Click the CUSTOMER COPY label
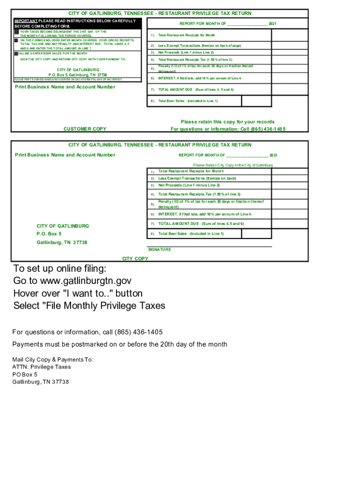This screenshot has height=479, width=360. [85, 129]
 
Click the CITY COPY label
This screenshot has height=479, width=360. [135, 259]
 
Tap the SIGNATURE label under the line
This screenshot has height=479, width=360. [159, 250]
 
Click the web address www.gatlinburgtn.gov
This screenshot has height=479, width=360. [86, 281]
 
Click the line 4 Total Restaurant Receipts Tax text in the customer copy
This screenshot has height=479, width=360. [195, 60]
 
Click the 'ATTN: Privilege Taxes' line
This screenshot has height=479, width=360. [42, 367]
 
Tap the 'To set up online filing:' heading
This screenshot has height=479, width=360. [60, 269]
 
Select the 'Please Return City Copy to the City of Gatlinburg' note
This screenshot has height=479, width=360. [233, 165]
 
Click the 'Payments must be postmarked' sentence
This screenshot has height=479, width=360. [120, 344]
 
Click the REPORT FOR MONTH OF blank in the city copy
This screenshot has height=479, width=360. [247, 155]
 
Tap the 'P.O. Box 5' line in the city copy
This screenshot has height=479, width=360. [49, 234]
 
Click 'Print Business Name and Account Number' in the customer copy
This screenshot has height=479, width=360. [65, 87]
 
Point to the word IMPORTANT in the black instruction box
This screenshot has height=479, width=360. [26, 21]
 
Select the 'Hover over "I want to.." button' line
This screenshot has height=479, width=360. [78, 293]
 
